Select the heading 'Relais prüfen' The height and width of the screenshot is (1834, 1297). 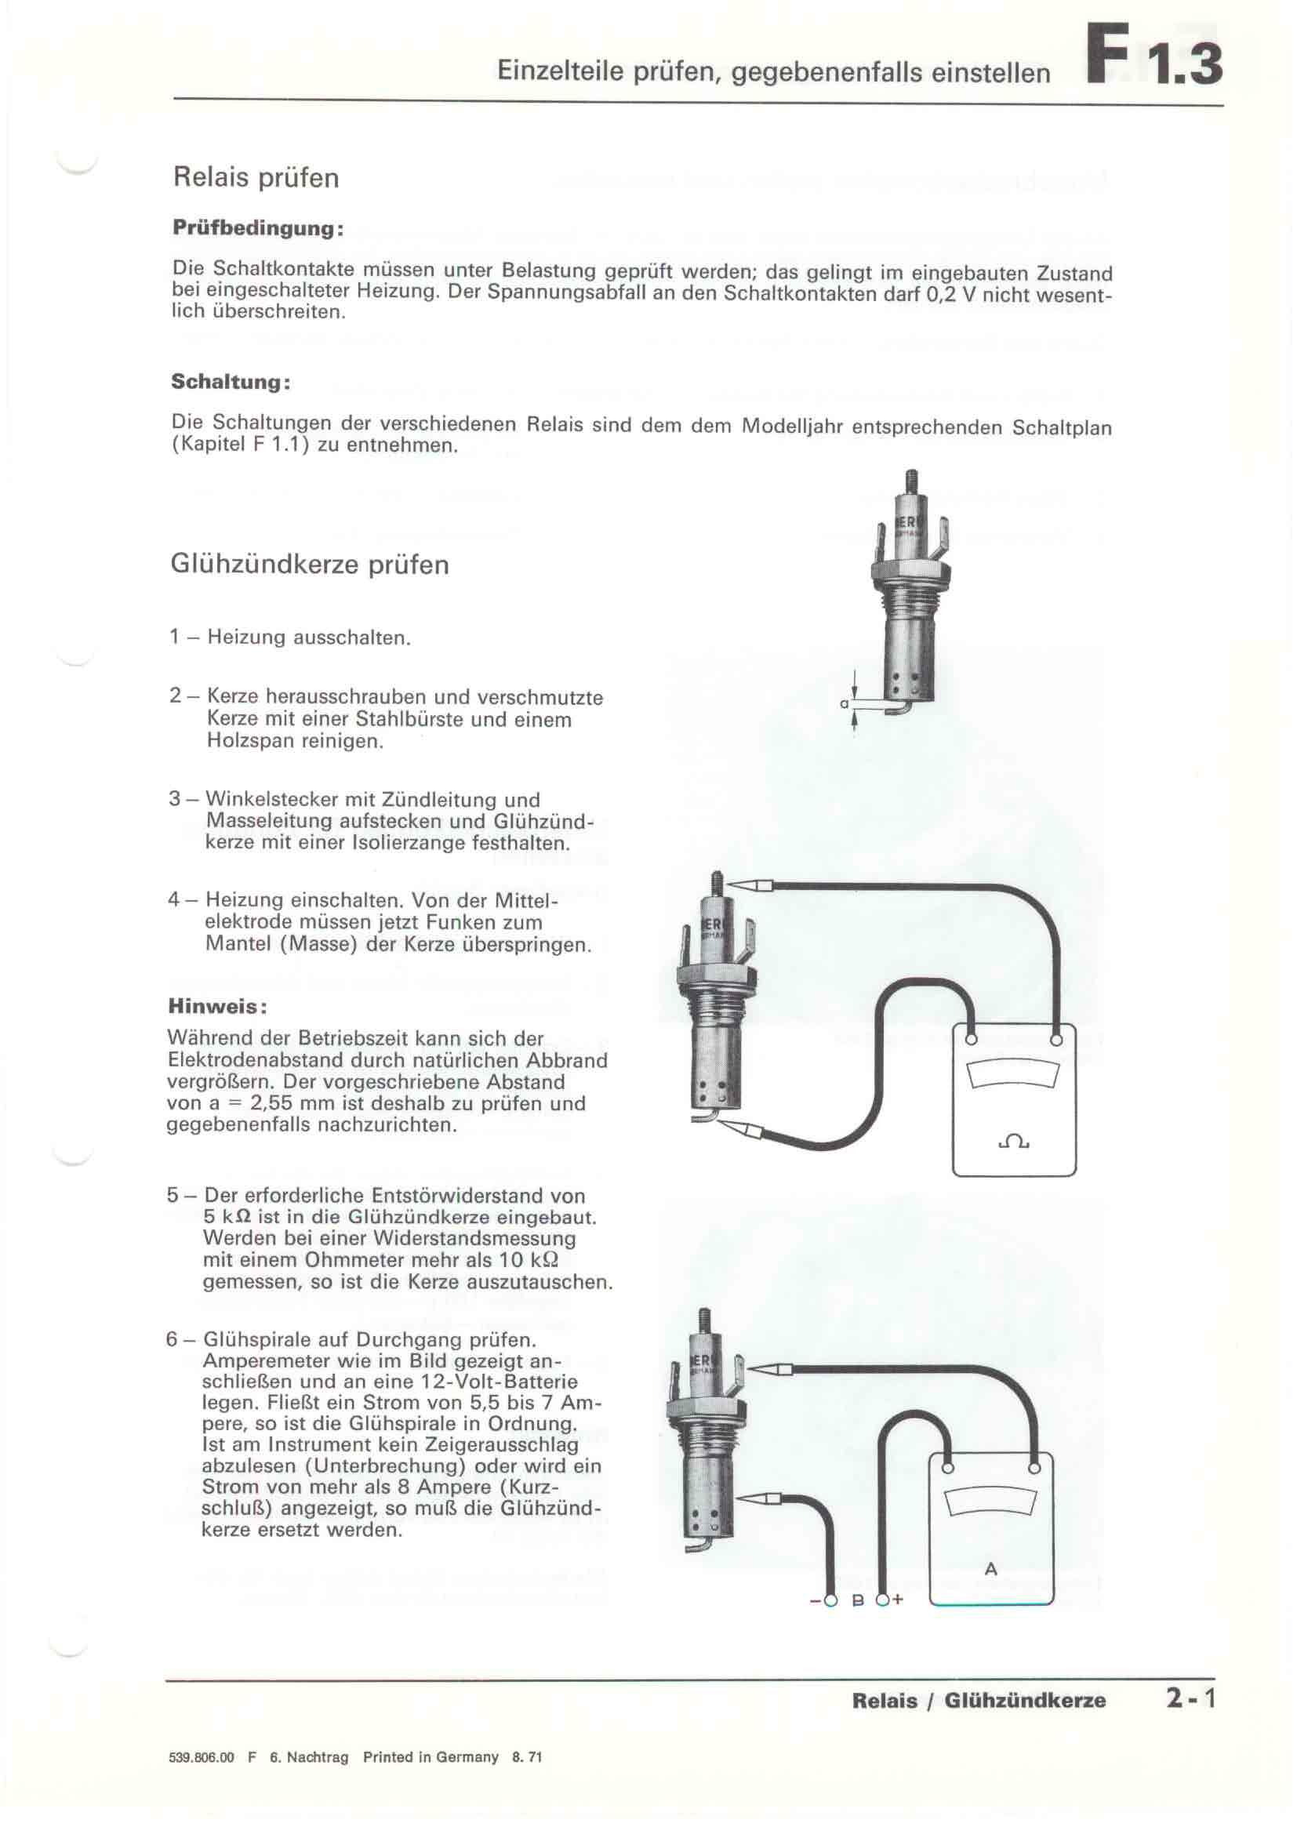pyautogui.click(x=256, y=177)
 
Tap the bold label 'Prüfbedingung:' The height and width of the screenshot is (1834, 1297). pyautogui.click(x=258, y=228)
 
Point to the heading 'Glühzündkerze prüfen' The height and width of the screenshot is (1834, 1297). pyautogui.click(x=310, y=565)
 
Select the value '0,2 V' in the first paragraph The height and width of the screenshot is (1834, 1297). pyautogui.click(x=950, y=294)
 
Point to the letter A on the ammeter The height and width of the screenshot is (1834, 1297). pyautogui.click(x=991, y=1569)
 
